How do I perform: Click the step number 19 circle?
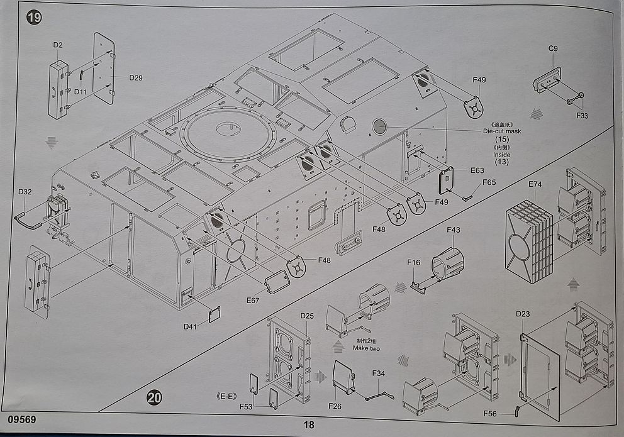(x=34, y=18)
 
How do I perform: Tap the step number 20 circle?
(x=154, y=397)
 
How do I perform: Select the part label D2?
(x=58, y=45)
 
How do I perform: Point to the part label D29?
(x=136, y=78)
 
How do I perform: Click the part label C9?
(x=553, y=48)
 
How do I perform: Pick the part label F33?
(x=582, y=116)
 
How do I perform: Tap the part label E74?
(x=535, y=184)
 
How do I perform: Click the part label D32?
(x=25, y=192)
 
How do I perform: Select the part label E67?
(x=253, y=301)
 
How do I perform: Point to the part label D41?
(x=190, y=326)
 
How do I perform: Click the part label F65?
(x=489, y=182)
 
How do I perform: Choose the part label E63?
(x=477, y=170)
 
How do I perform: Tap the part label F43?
(x=454, y=230)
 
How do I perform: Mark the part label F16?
(x=413, y=262)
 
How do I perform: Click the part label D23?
(x=523, y=314)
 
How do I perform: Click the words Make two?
(x=366, y=348)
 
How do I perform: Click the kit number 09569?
(x=21, y=419)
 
